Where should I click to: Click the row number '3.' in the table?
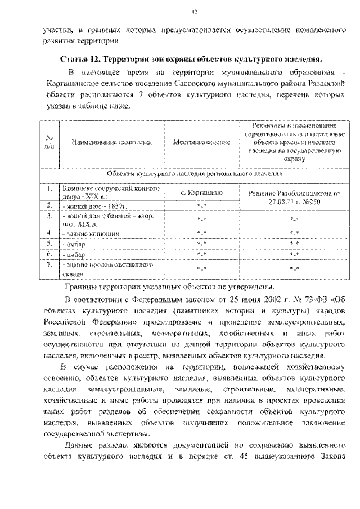pos(49,215)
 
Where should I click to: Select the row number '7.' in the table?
pos(49,264)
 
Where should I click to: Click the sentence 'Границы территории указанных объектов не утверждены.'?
pos(169,285)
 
